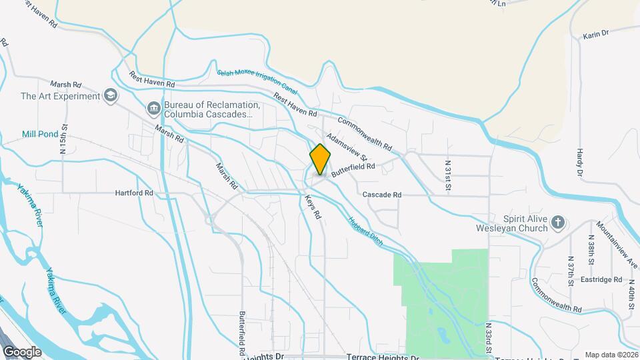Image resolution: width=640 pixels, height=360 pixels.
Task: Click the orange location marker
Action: pyautogui.click(x=321, y=159)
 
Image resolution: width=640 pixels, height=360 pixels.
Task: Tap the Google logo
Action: pyautogui.click(x=22, y=352)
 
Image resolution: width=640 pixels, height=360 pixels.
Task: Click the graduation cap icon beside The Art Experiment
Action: pyautogui.click(x=111, y=96)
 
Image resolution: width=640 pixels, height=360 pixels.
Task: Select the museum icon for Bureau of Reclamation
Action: pyautogui.click(x=154, y=107)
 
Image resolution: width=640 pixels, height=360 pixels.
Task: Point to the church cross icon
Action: pyautogui.click(x=559, y=222)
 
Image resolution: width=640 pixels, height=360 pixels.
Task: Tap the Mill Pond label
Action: pyautogui.click(x=40, y=134)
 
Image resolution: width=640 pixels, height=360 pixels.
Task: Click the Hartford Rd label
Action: pyautogui.click(x=134, y=193)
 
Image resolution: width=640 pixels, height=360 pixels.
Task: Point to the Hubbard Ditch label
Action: pyautogui.click(x=365, y=230)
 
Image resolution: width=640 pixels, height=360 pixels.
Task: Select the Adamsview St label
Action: pyautogui.click(x=347, y=145)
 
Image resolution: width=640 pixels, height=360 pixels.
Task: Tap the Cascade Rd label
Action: pyautogui.click(x=382, y=195)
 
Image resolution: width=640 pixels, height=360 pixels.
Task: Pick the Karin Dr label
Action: pyautogui.click(x=596, y=33)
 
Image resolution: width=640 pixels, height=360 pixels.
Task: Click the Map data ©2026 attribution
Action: pyautogui.click(x=611, y=355)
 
